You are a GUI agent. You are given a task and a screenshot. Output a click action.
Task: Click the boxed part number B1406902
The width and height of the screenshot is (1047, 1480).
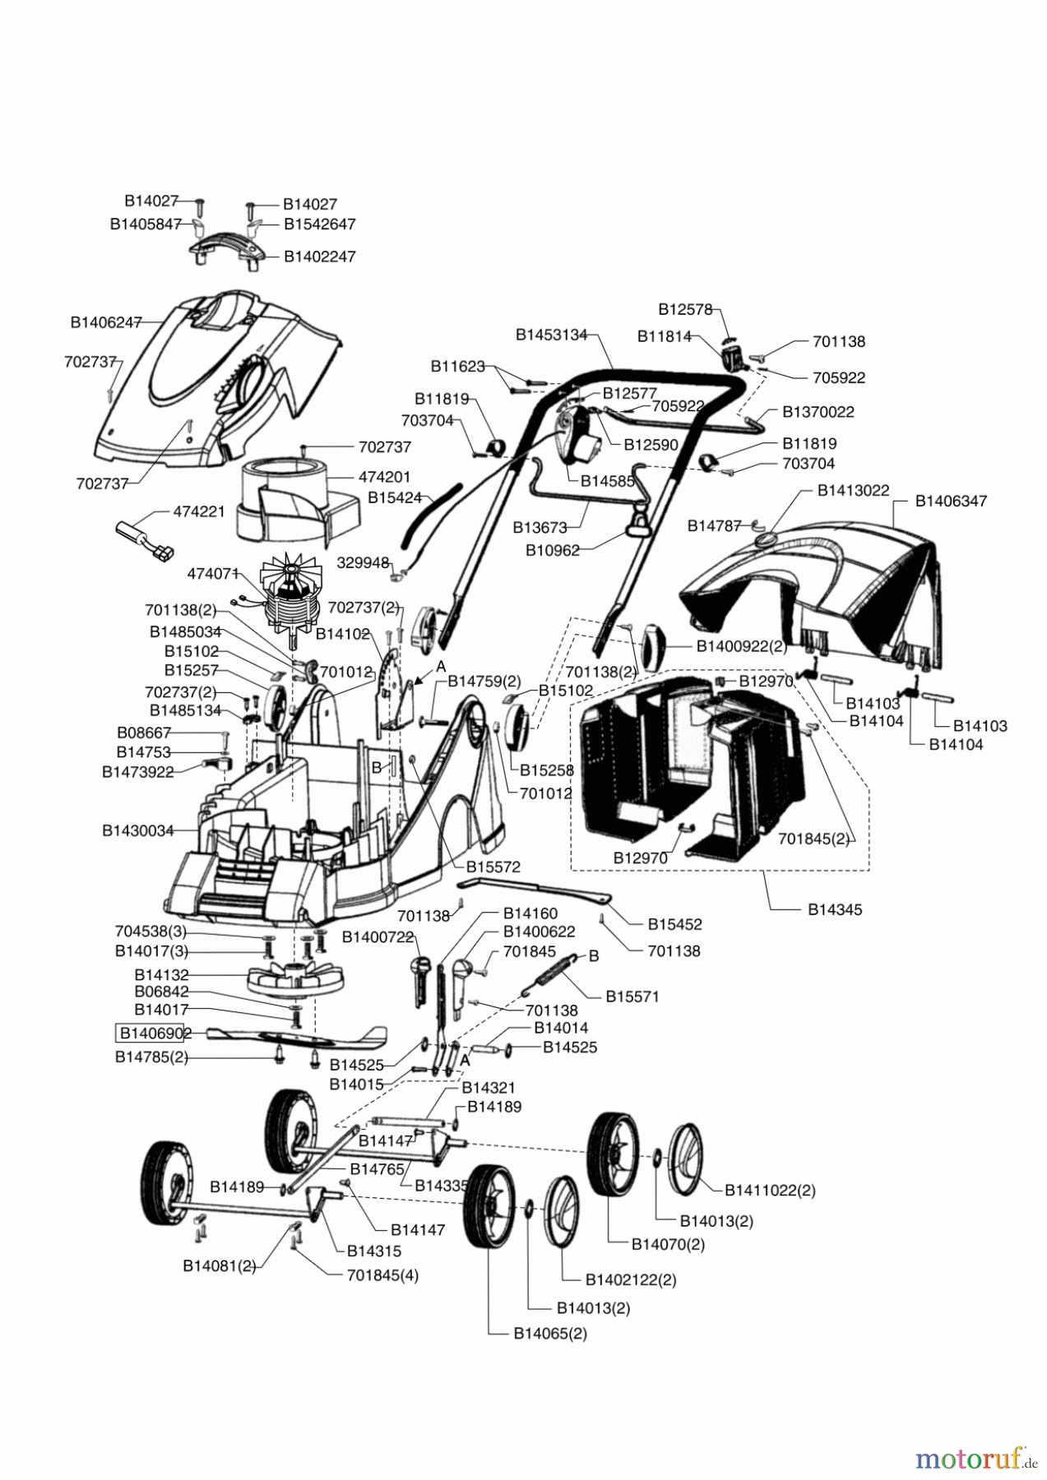pyautogui.click(x=155, y=1033)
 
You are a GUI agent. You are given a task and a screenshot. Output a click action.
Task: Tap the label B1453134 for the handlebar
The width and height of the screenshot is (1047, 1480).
pyautogui.click(x=551, y=335)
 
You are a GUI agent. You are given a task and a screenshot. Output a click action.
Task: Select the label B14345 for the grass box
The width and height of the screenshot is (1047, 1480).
pyautogui.click(x=834, y=909)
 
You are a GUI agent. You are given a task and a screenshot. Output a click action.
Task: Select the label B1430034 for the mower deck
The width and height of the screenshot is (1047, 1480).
pyautogui.click(x=137, y=830)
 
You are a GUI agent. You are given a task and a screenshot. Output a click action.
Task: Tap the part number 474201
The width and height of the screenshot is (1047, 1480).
pyautogui.click(x=384, y=477)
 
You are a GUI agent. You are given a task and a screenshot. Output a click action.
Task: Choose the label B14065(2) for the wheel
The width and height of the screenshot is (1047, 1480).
pyautogui.click(x=550, y=1334)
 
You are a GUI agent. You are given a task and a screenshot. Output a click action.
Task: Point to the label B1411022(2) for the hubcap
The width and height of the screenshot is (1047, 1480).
pyautogui.click(x=770, y=1190)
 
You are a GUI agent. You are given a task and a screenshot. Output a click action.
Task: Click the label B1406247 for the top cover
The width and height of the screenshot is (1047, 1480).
pyautogui.click(x=106, y=322)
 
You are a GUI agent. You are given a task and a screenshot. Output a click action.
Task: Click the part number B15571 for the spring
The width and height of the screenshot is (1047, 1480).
pyautogui.click(x=632, y=996)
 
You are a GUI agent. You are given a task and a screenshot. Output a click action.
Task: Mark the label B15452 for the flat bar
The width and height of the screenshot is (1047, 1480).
pyautogui.click(x=674, y=924)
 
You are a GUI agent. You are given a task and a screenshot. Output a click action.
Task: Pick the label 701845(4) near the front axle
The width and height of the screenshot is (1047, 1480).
pyautogui.click(x=382, y=1275)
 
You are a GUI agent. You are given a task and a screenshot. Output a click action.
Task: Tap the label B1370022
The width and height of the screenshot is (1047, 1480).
pyautogui.click(x=818, y=411)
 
